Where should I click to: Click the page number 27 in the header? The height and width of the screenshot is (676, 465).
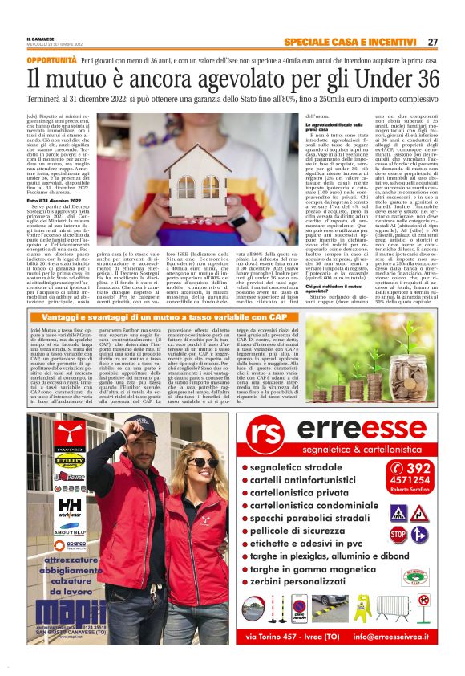click(433, 42)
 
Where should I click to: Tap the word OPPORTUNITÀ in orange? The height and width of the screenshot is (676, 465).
click(52, 60)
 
